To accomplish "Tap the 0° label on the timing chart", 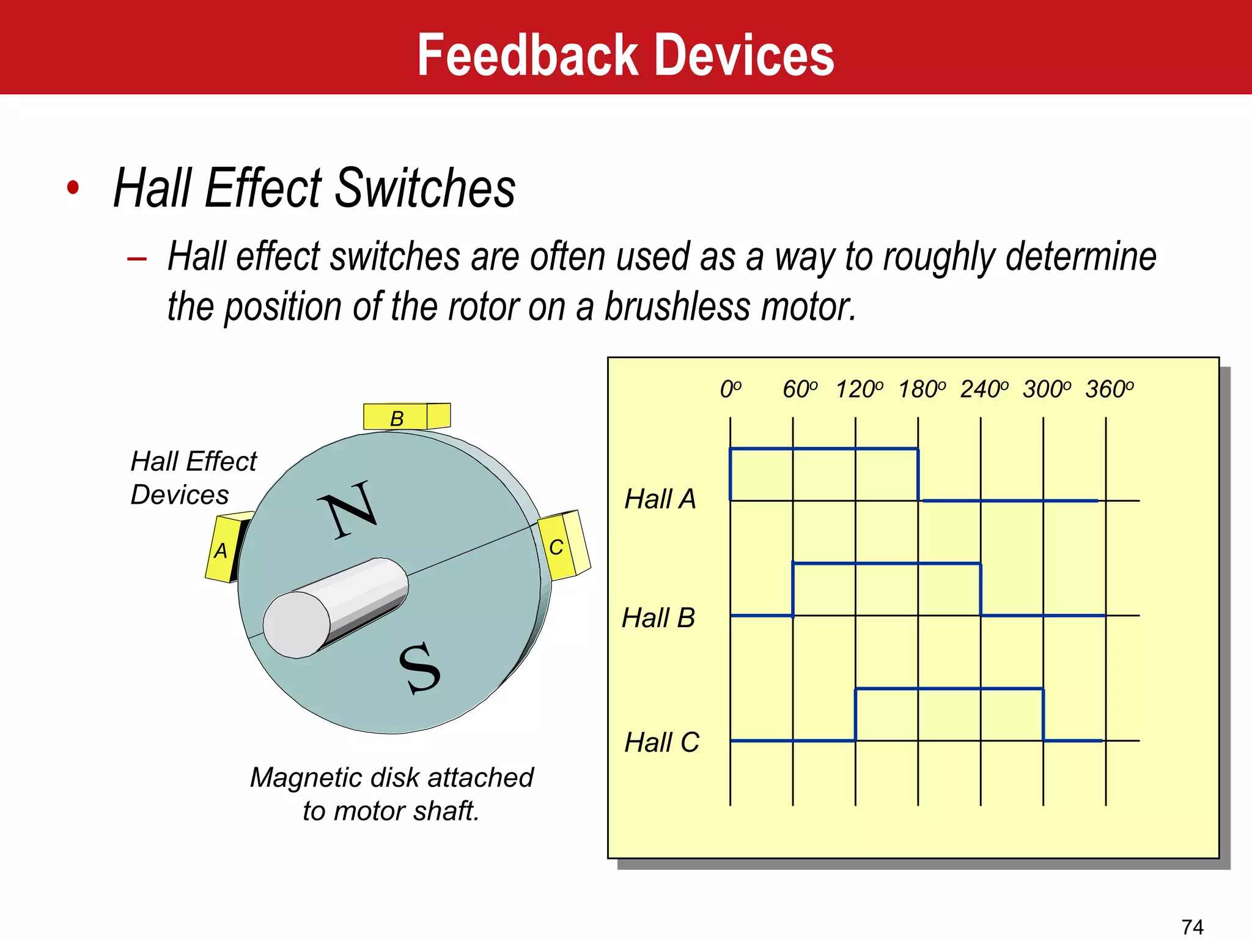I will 731,389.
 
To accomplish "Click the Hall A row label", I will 660,499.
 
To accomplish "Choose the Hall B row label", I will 658,617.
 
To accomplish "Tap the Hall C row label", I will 661,742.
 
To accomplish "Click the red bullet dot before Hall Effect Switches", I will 73,188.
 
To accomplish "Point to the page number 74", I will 1192,927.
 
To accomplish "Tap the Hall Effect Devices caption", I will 193,477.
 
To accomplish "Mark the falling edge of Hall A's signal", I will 918,475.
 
